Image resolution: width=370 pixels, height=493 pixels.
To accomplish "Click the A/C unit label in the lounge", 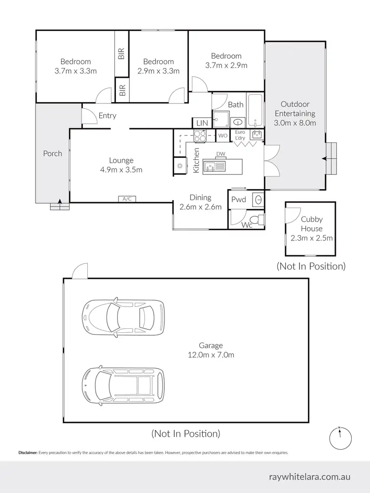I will (x=127, y=199).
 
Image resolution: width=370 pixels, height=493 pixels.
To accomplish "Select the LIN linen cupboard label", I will (x=202, y=123).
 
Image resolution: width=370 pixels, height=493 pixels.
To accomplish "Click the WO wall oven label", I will (x=222, y=135).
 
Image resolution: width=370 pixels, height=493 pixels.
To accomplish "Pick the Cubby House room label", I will (x=311, y=224).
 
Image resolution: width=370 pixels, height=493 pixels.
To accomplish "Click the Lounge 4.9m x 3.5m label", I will (x=121, y=165).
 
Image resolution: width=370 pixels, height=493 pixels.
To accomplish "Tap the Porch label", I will (x=52, y=153).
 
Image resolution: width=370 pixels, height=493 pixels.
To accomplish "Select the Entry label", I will (x=107, y=116).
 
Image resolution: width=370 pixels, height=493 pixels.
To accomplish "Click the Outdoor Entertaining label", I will (x=295, y=113).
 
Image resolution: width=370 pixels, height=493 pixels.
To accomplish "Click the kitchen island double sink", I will (x=215, y=167).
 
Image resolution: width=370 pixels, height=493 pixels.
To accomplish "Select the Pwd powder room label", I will (x=238, y=200).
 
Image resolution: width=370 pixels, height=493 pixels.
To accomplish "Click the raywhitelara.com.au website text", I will (x=310, y=477).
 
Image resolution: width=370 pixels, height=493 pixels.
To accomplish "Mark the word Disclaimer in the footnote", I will (x=28, y=453).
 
